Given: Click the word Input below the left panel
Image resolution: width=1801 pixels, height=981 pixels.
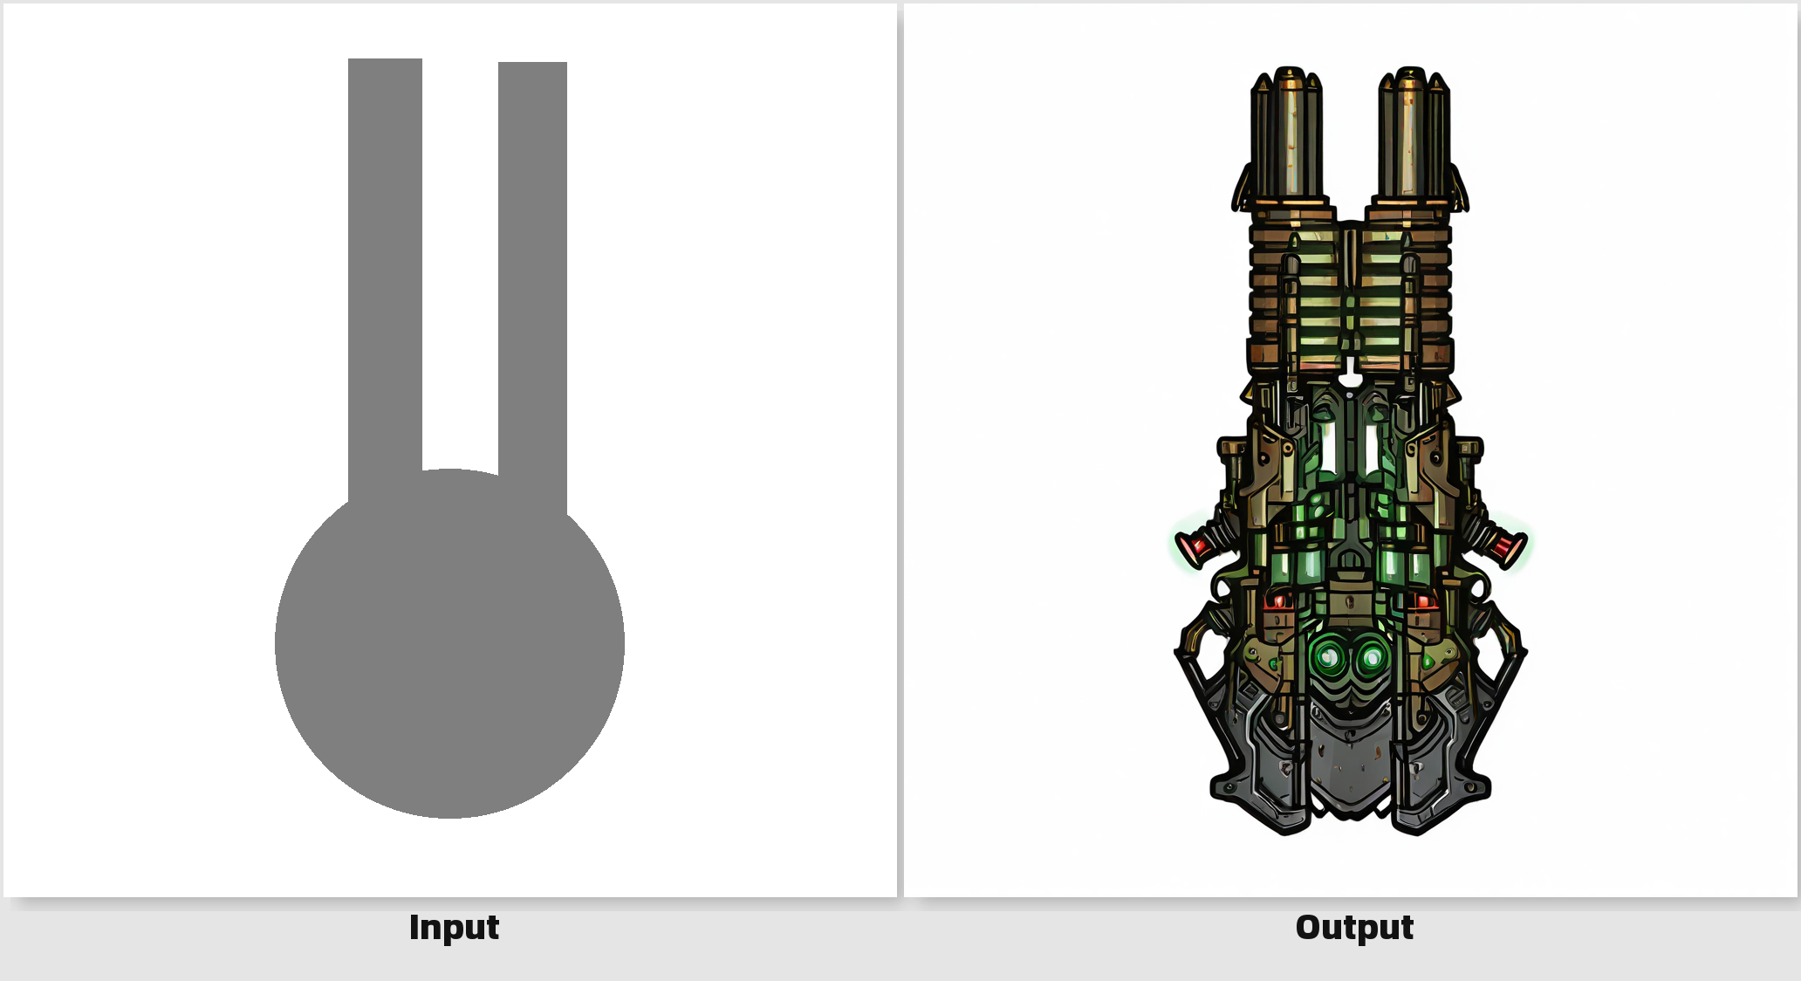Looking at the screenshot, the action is coord(454,927).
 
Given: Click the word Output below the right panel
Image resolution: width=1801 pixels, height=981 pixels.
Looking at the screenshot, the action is coord(1354,927).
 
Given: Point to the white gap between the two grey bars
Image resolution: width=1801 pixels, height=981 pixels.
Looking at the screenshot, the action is coord(460,262).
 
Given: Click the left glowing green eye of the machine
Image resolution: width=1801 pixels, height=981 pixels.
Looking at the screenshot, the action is coord(1327,656).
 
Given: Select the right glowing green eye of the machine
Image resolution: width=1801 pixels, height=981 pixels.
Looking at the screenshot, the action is coord(1371,656).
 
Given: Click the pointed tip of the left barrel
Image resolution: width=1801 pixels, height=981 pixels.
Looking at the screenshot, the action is coord(1288,69).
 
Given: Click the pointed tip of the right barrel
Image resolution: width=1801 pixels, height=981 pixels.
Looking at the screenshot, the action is coord(1410,69).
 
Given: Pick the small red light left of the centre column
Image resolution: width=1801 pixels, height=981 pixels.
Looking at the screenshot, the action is coord(1279,600).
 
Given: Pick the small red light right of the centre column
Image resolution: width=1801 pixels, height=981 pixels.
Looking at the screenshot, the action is coord(1422,600).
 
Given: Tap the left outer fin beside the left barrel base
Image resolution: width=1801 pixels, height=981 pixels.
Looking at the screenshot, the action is coord(1242,188).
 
